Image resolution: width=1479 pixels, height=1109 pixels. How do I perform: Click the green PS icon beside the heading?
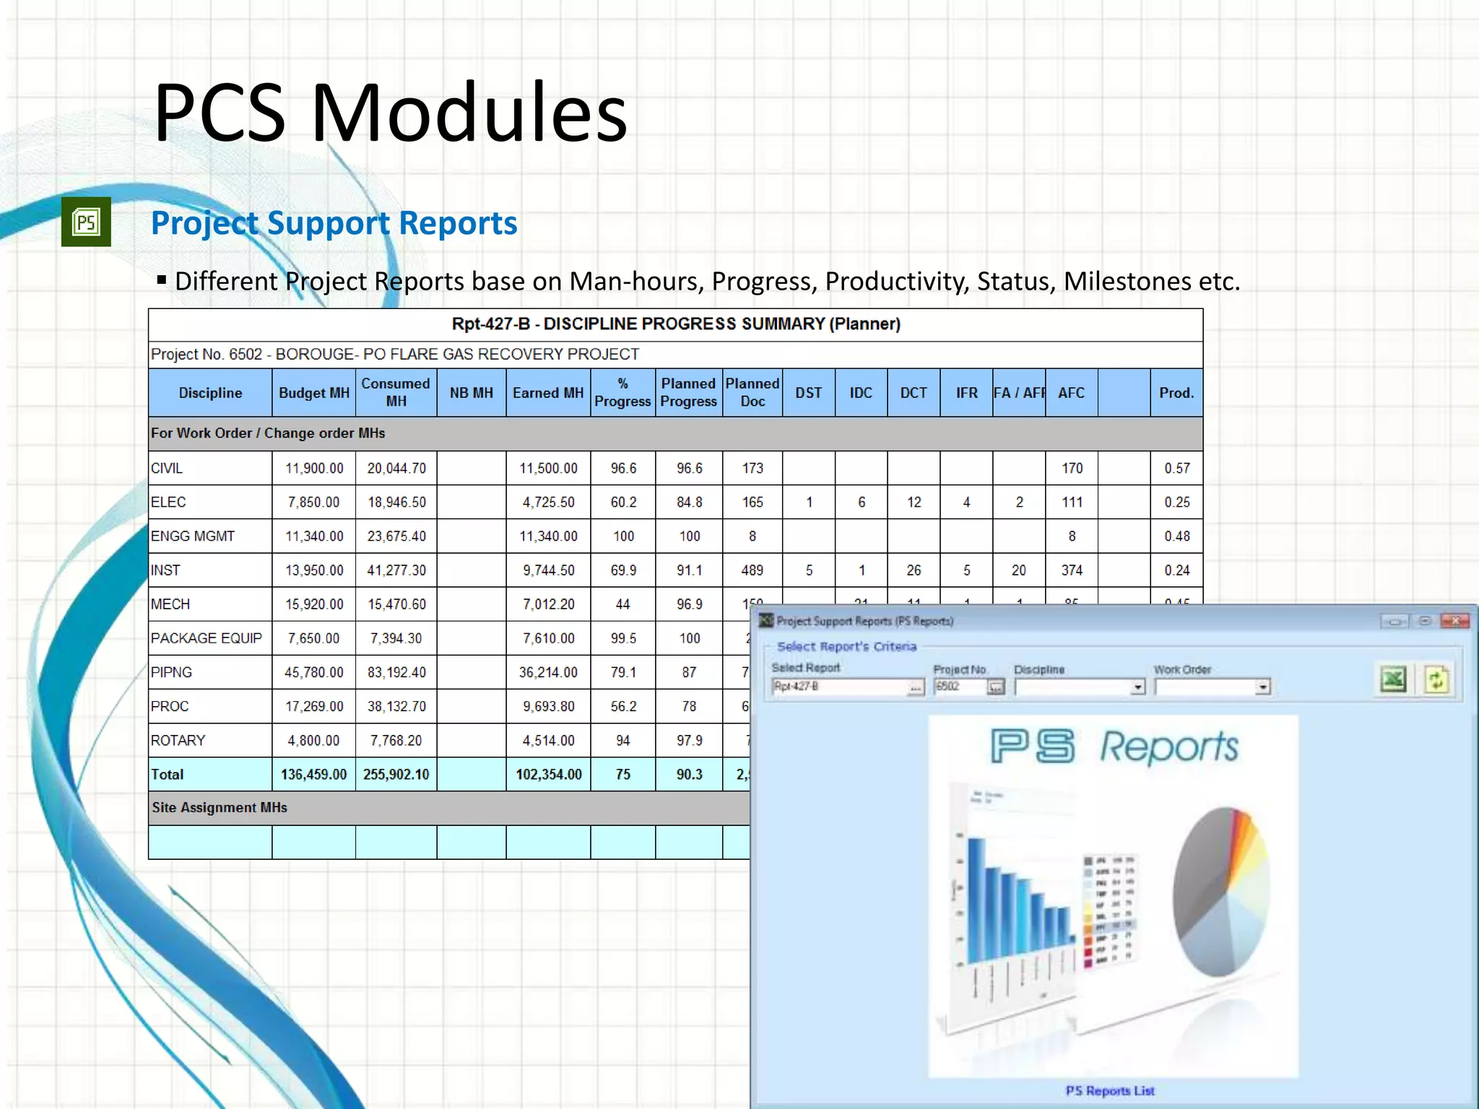[86, 222]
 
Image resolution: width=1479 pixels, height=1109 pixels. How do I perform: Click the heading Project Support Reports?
[334, 223]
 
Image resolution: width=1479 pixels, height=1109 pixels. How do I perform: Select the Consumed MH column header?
[396, 393]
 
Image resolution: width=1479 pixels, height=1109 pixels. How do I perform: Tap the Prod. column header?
[1176, 393]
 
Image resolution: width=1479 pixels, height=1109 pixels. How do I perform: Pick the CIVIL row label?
[167, 469]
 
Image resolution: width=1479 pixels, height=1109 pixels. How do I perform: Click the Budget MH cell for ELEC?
[313, 503]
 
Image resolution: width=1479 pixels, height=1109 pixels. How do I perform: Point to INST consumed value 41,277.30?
[396, 570]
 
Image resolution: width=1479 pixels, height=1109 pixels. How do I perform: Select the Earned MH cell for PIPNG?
[548, 672]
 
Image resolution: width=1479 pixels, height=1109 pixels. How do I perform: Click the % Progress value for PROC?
[623, 706]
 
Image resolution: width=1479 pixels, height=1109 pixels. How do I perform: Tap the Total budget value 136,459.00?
[313, 775]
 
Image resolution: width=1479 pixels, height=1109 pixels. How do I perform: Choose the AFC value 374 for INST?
[1072, 570]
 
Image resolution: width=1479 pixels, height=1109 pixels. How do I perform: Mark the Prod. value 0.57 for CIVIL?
[1176, 469]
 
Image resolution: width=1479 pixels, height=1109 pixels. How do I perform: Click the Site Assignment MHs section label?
[220, 808]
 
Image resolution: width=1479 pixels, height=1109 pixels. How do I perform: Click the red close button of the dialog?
[1455, 621]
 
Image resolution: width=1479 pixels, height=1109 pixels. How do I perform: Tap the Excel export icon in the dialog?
[1393, 679]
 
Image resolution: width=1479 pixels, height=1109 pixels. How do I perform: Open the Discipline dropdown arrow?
[1138, 687]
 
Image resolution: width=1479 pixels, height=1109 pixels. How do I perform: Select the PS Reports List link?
[1110, 1091]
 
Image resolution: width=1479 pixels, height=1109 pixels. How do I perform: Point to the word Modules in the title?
[469, 113]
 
